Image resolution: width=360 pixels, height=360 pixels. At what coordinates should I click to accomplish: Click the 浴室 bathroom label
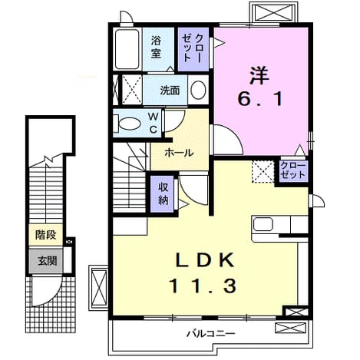(156, 47)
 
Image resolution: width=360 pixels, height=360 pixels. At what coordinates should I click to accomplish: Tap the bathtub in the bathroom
(127, 49)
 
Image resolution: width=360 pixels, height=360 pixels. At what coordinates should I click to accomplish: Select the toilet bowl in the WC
(130, 124)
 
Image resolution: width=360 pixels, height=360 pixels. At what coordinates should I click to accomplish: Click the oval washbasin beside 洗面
(198, 90)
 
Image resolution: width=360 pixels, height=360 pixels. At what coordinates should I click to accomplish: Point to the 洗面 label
(170, 91)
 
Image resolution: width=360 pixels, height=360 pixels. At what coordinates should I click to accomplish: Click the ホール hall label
(179, 154)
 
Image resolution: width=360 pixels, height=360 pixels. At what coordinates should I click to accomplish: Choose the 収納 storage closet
(163, 194)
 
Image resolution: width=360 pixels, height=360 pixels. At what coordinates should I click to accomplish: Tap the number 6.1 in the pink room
(260, 99)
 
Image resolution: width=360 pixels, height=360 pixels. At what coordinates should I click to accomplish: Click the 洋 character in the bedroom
(259, 75)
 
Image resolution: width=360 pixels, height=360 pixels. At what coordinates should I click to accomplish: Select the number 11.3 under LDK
(203, 286)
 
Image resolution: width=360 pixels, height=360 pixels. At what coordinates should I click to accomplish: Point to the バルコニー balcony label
(210, 334)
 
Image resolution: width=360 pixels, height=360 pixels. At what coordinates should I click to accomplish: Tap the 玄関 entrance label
(47, 261)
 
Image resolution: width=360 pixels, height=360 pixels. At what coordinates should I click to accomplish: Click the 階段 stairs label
(45, 235)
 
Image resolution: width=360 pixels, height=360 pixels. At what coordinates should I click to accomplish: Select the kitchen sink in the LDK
(263, 224)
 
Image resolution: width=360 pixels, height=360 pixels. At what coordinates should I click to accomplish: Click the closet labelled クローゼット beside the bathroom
(193, 49)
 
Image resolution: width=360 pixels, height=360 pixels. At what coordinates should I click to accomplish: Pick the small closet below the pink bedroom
(293, 171)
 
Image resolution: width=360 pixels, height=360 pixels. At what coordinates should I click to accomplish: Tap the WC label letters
(154, 124)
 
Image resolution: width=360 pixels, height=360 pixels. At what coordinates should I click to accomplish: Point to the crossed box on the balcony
(290, 328)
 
